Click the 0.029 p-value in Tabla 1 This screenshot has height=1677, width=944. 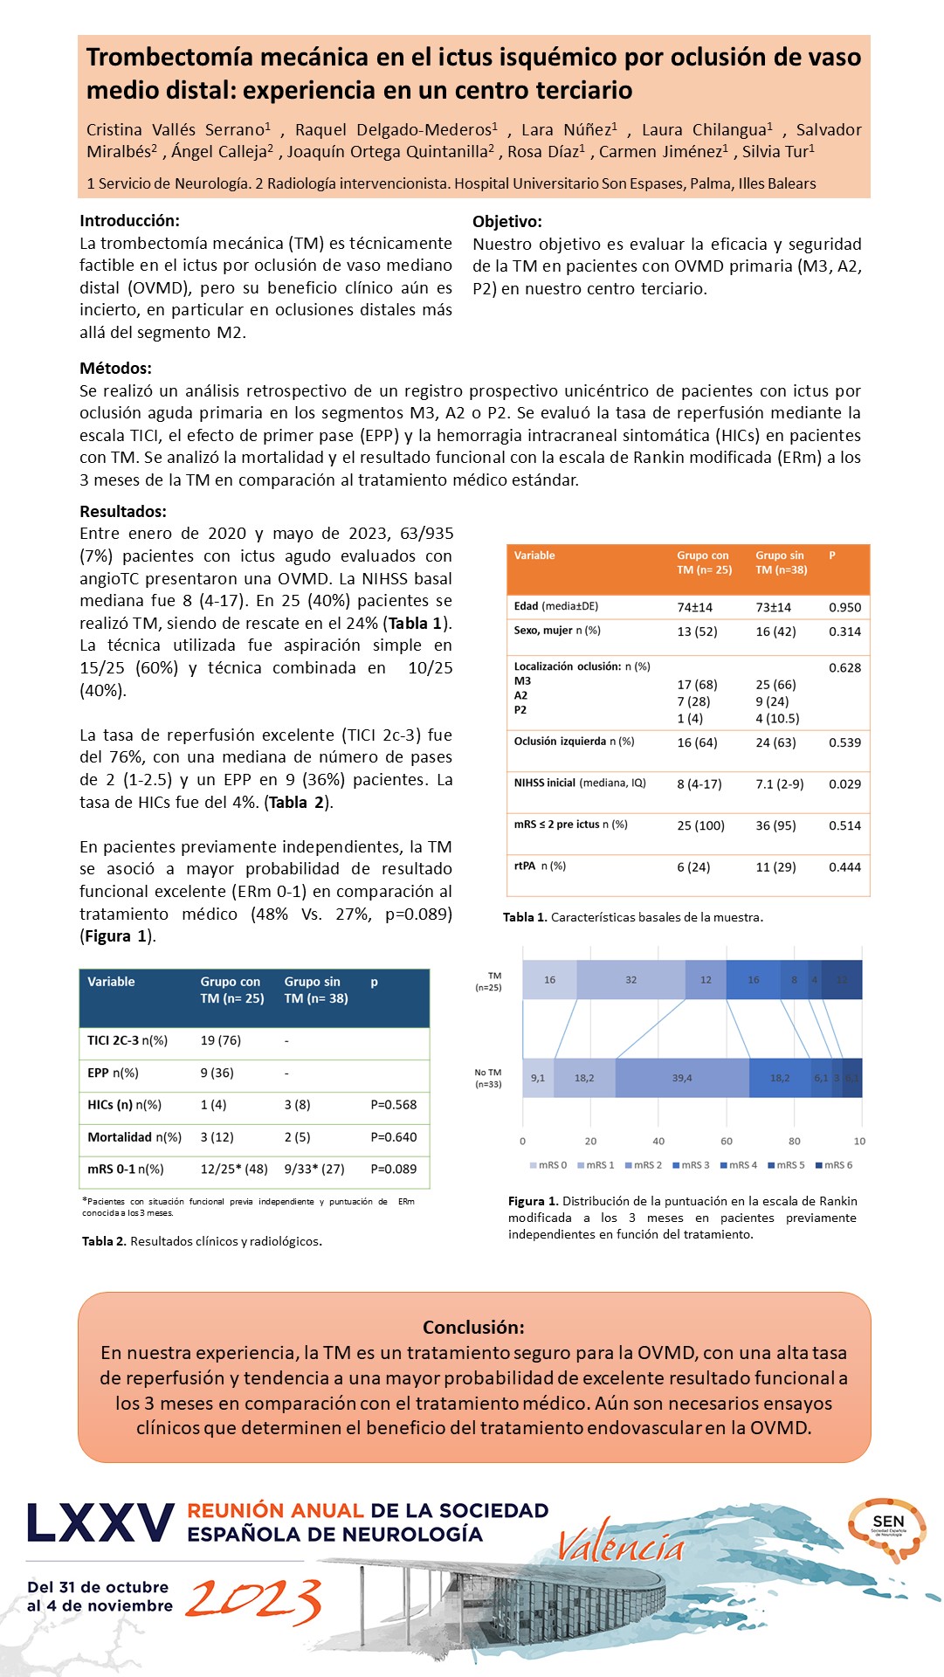click(844, 784)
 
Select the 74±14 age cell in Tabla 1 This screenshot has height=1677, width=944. click(694, 607)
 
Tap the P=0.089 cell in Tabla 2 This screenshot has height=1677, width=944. click(393, 1169)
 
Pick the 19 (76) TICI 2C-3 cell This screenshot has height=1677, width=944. click(220, 1040)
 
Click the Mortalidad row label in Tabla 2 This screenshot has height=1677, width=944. click(134, 1137)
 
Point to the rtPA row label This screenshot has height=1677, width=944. click(539, 866)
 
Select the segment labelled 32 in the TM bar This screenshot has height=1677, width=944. click(630, 980)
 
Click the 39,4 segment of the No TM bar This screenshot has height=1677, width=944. click(682, 1078)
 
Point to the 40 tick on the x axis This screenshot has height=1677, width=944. click(658, 1141)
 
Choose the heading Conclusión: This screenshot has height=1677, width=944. click(473, 1327)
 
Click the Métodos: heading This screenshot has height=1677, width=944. click(115, 368)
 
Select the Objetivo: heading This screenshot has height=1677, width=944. click(507, 222)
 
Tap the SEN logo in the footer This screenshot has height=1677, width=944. click(887, 1529)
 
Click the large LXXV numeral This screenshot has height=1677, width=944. click(100, 1523)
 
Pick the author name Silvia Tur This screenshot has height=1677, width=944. click(777, 151)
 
